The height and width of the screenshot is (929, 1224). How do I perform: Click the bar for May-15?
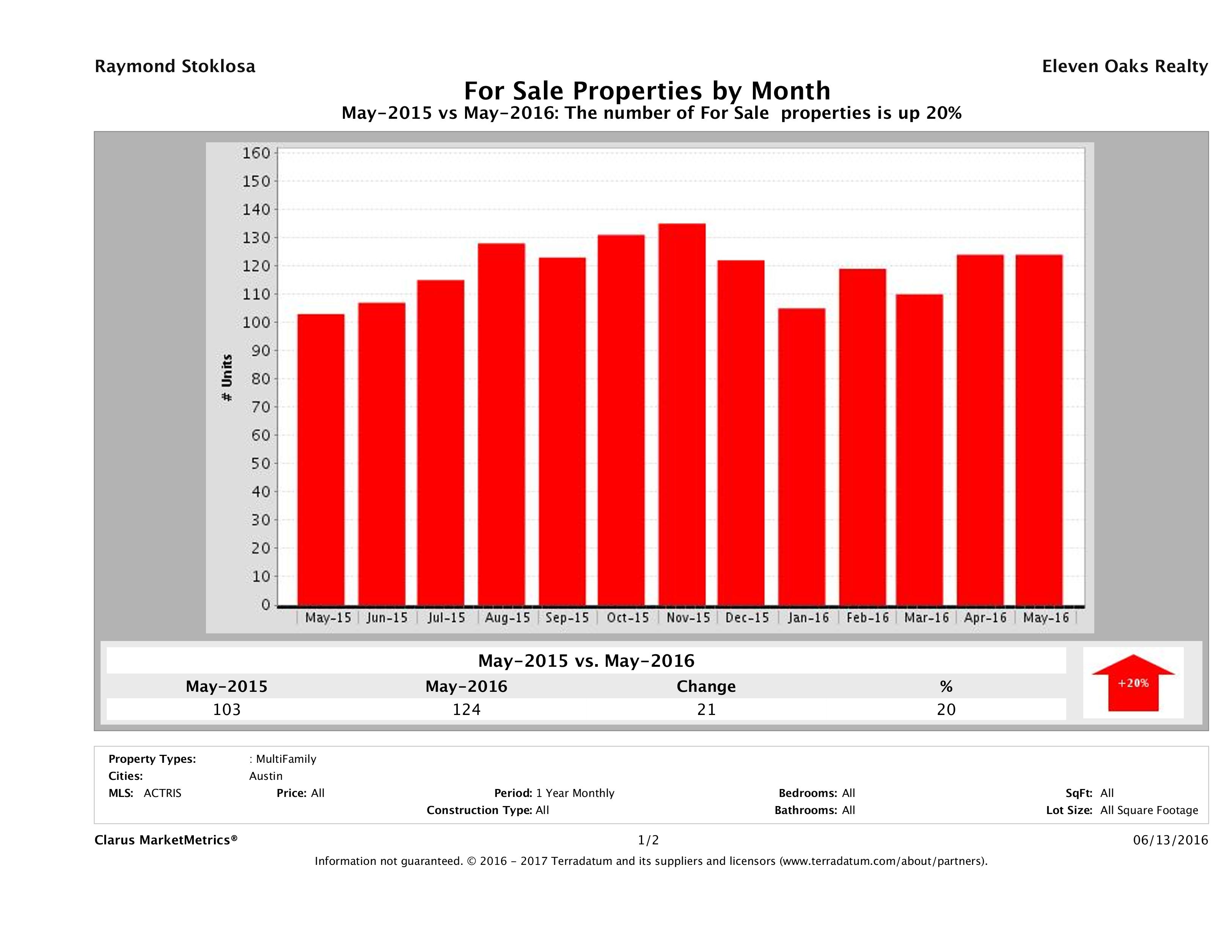click(321, 460)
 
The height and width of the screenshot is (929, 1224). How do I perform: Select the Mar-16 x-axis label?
click(926, 618)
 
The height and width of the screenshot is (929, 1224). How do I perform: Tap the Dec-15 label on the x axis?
click(747, 618)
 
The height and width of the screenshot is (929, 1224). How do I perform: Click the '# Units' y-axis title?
click(227, 378)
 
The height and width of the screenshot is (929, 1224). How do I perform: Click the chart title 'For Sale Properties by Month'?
click(646, 90)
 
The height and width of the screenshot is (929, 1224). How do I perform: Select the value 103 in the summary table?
click(227, 709)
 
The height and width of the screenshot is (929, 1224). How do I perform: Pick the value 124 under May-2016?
click(467, 709)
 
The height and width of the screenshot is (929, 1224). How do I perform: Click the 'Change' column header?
click(706, 687)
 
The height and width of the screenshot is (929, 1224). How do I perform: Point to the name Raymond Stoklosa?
click(175, 66)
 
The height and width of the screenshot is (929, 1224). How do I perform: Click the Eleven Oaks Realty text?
click(1124, 66)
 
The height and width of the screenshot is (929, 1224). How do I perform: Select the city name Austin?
click(266, 776)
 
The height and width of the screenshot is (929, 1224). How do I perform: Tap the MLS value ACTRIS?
click(162, 794)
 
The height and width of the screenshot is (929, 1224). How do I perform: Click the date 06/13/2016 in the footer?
click(1170, 841)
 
